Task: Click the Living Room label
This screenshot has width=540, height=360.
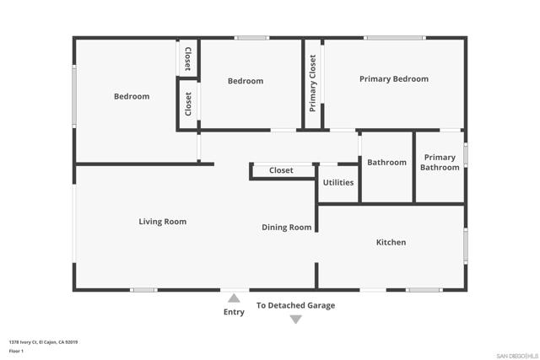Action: coord(163,222)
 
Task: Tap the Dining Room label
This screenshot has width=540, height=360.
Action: coord(287,228)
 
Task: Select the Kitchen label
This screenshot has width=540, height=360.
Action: coord(391,242)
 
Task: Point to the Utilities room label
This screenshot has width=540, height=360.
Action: coord(338,182)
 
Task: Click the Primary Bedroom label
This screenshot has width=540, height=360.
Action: coord(394,79)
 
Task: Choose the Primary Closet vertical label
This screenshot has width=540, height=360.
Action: coord(312,83)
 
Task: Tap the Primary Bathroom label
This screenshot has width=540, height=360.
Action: coord(440,163)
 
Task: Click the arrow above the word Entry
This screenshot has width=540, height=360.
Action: coord(234,298)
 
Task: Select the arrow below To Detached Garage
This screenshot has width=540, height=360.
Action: coord(296,320)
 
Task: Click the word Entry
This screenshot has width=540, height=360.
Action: coord(234,312)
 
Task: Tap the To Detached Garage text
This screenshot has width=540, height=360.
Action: coord(295,305)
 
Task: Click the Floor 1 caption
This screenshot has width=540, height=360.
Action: coord(16,351)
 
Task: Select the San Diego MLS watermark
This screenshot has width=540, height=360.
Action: coord(517,356)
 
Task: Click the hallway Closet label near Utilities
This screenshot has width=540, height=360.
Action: coord(281,170)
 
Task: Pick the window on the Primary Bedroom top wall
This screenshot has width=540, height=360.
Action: coord(395,38)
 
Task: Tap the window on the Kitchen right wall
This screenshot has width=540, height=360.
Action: coord(466,246)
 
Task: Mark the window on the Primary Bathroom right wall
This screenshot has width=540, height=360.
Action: coord(466,155)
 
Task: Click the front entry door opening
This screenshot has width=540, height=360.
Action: coord(235,290)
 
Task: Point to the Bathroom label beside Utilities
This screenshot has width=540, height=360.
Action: coord(386,163)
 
